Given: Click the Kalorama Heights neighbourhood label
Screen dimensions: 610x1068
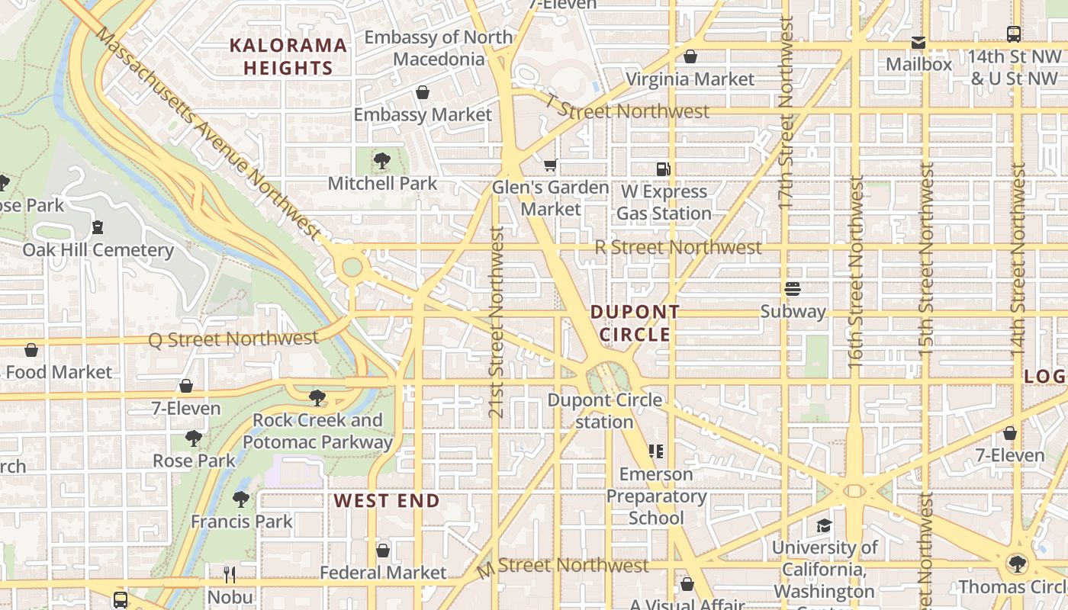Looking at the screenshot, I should pyautogui.click(x=288, y=56).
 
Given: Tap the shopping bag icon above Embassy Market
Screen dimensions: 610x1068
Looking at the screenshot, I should pyautogui.click(x=423, y=92).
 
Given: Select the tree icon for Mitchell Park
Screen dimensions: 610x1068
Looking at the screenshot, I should pyautogui.click(x=382, y=161).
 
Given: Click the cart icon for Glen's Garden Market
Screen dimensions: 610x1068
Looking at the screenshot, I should pyautogui.click(x=551, y=165).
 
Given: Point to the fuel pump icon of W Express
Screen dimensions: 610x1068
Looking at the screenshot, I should pyautogui.click(x=664, y=169).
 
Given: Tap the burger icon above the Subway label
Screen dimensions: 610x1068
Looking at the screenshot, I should pyautogui.click(x=793, y=289).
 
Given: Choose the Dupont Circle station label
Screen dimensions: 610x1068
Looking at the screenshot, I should pyautogui.click(x=605, y=410).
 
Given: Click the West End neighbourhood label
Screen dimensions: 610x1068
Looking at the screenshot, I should pyautogui.click(x=387, y=501).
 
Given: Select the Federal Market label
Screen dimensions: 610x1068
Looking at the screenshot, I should pyautogui.click(x=383, y=572).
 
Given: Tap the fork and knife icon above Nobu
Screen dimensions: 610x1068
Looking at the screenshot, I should pyautogui.click(x=230, y=574).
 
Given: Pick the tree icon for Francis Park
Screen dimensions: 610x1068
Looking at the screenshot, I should pyautogui.click(x=241, y=499).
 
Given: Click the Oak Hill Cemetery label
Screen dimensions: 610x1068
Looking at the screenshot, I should pyautogui.click(x=98, y=250).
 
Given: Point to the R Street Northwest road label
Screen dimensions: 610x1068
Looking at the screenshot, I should pyautogui.click(x=678, y=247).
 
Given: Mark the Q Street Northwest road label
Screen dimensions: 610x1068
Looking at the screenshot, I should pyautogui.click(x=233, y=339).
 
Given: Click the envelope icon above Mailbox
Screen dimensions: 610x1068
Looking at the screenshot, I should pyautogui.click(x=918, y=43).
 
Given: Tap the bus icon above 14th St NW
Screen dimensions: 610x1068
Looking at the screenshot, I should pyautogui.click(x=1014, y=34).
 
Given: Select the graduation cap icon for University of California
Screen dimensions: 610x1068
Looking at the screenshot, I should pyautogui.click(x=824, y=525).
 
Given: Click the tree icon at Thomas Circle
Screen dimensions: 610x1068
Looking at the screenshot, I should pyautogui.click(x=1016, y=564).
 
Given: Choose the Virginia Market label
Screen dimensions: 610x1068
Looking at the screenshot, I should pyautogui.click(x=690, y=79).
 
